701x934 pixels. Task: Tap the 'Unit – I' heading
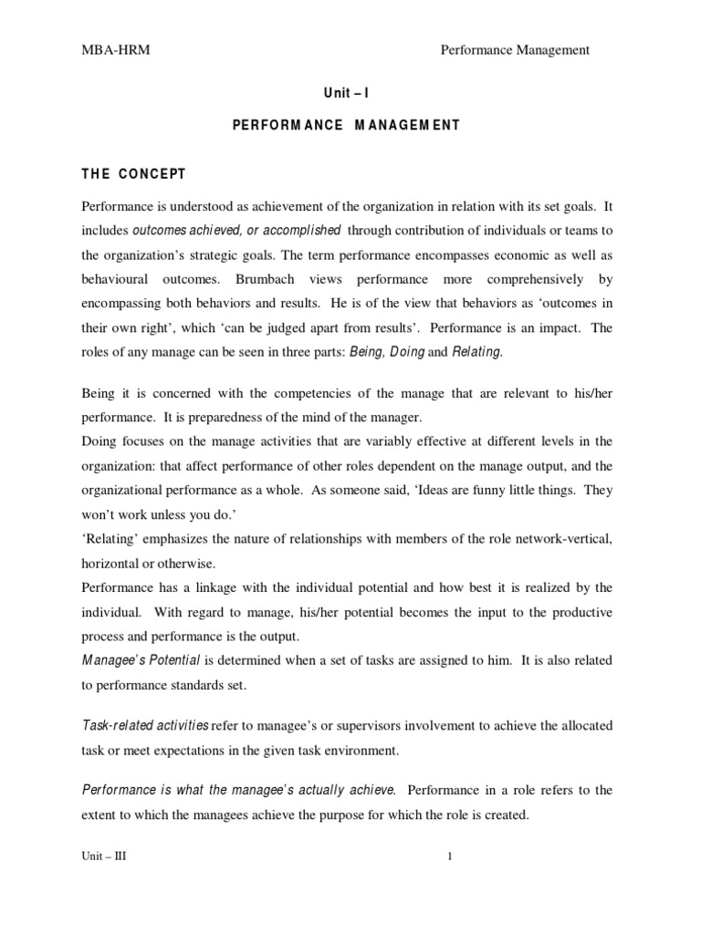click(339, 93)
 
